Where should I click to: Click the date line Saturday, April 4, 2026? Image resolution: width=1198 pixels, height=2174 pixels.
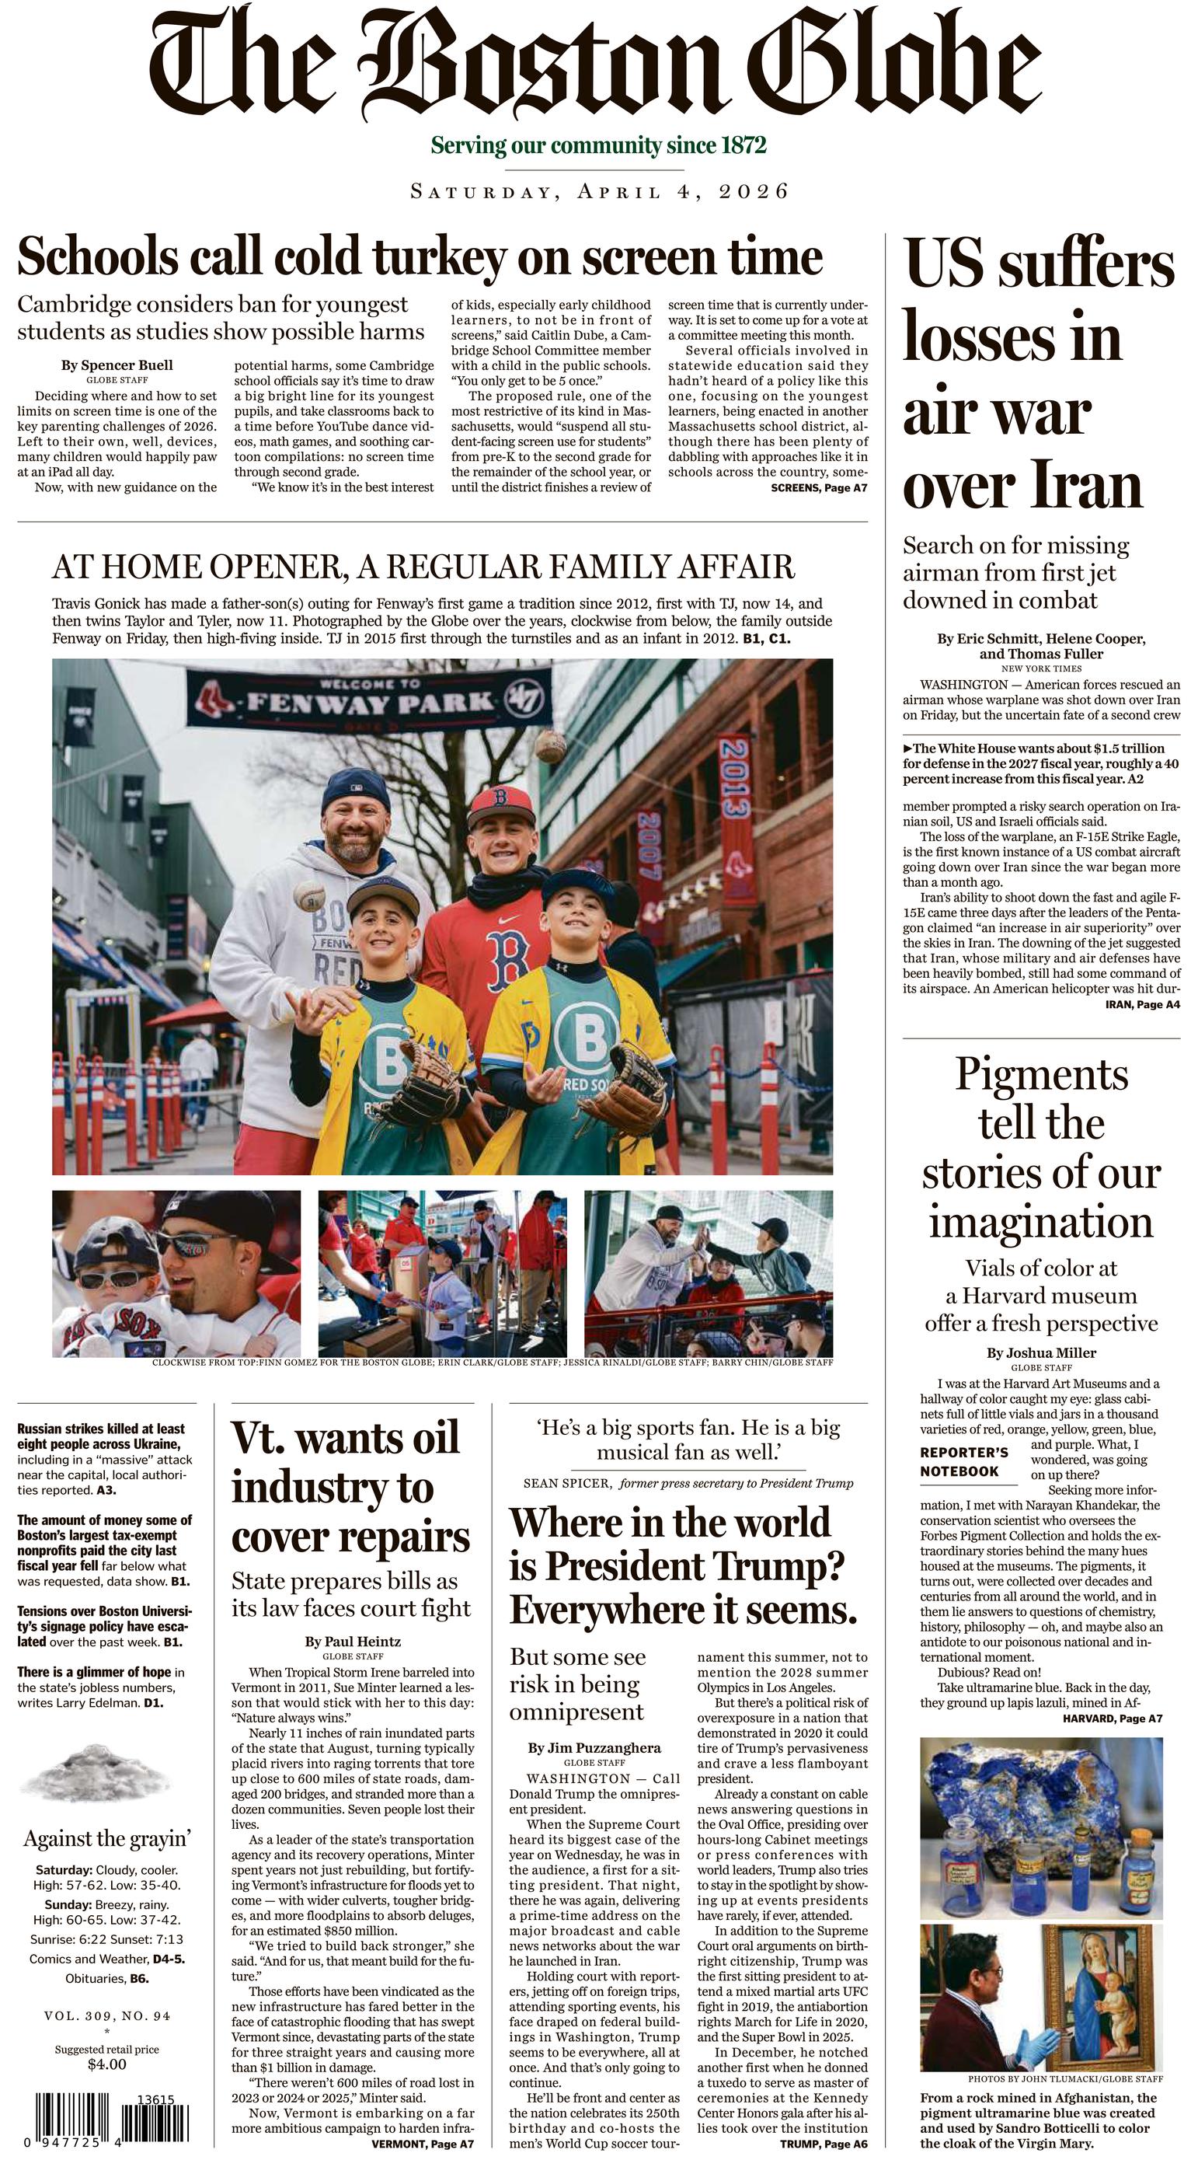[x=599, y=191]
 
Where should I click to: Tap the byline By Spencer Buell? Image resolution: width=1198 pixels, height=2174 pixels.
[x=117, y=365]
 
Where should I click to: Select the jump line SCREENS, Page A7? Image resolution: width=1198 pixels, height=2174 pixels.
[x=818, y=488]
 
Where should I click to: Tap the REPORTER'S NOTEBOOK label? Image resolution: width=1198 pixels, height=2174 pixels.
[x=963, y=1462]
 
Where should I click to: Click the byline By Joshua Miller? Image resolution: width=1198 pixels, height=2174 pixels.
[x=1041, y=1353]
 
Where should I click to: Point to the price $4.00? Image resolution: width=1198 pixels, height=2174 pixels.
[x=106, y=2064]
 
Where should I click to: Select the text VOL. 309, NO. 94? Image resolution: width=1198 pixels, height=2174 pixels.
[x=107, y=2016]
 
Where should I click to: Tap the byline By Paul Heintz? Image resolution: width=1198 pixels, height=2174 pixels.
[x=353, y=1642]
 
